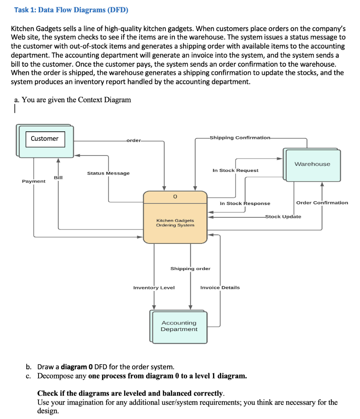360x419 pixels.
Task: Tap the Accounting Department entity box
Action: point(179,326)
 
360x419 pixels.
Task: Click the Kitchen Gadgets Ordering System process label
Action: point(175,223)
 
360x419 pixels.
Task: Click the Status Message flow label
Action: point(108,173)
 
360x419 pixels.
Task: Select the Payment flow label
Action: point(34,181)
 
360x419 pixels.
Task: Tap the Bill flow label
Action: point(58,177)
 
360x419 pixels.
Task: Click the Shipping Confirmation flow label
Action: point(240,137)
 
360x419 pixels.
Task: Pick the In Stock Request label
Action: point(235,170)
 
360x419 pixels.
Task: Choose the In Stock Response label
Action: point(245,203)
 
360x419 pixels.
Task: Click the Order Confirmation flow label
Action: point(322,203)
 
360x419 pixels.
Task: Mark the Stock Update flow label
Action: point(283,216)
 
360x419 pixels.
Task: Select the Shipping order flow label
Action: point(190,268)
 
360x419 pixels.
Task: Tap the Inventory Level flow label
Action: point(154,288)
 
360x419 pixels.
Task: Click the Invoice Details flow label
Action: point(220,288)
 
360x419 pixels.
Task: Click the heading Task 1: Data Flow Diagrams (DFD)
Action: point(71,10)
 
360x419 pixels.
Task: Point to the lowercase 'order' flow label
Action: point(133,140)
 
